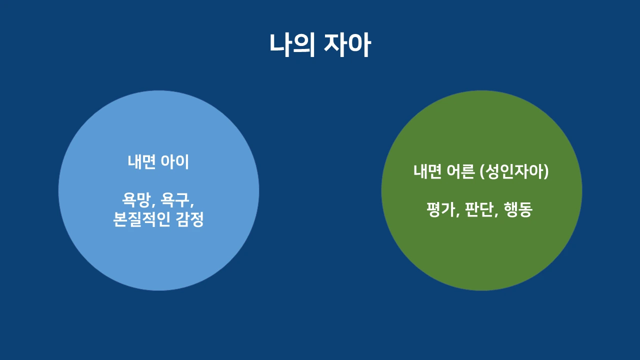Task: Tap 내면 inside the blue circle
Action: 142,162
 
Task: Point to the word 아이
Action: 175,162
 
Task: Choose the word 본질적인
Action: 142,220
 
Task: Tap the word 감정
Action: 190,220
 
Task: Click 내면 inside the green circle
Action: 427,171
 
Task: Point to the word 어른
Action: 460,171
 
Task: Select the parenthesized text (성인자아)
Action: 514,171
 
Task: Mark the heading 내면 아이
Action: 158,162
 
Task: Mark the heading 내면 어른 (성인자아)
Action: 481,171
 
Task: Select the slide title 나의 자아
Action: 320,45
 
